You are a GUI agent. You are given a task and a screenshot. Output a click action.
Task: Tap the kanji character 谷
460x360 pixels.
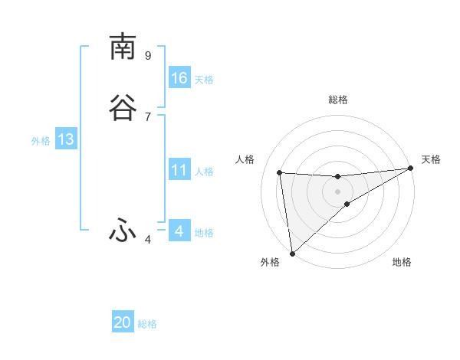[123, 108]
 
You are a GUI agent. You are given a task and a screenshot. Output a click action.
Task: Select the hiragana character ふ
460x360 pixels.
[123, 231]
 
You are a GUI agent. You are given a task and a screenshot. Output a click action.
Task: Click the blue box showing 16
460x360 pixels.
[179, 77]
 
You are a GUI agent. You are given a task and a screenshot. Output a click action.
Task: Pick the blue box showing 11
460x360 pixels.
[179, 170]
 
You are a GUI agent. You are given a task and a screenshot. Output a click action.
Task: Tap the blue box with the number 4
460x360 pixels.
[179, 231]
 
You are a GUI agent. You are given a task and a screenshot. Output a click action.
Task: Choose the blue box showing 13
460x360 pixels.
[66, 139]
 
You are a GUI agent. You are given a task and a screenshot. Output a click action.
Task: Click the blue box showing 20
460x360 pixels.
[123, 322]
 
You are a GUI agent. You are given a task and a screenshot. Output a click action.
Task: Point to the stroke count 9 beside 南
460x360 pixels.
[148, 55]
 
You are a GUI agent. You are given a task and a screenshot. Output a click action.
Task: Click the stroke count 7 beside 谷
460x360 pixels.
[148, 116]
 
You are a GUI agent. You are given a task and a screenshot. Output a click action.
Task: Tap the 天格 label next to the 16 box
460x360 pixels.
[204, 80]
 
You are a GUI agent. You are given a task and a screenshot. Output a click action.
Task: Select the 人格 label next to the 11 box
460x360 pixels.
[204, 172]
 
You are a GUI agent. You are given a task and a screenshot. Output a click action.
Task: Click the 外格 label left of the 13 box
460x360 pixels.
[41, 141]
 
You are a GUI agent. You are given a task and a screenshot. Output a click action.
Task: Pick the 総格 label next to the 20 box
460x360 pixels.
[147, 325]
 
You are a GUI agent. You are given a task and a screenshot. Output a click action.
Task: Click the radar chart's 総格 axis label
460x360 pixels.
[337, 100]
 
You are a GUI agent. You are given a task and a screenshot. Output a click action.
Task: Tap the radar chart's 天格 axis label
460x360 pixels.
[431, 159]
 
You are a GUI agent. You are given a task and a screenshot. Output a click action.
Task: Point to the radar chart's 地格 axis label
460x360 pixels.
[402, 262]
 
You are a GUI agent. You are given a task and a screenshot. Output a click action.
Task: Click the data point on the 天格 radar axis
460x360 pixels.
[411, 169]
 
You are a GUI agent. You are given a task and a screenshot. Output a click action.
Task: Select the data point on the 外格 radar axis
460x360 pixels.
[292, 253]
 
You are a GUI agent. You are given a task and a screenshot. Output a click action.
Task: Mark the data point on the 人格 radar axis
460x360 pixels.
[280, 172]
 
